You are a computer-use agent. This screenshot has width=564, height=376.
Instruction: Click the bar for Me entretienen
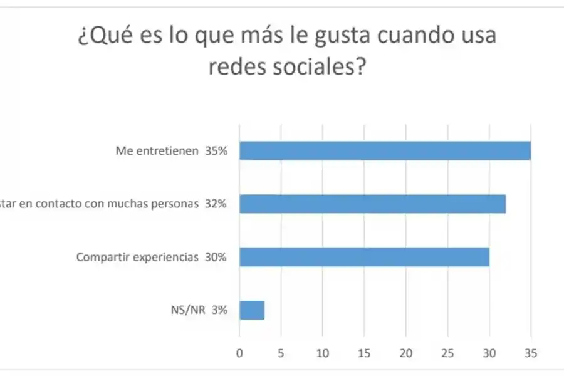click(385, 151)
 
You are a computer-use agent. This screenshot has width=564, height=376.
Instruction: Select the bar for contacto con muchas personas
click(372, 204)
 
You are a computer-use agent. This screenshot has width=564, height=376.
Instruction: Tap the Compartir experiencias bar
click(363, 257)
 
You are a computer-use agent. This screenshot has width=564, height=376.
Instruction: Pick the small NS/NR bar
click(252, 310)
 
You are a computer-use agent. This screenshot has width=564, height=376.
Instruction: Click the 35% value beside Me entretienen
click(216, 151)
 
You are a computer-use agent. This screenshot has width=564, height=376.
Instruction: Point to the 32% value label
click(216, 204)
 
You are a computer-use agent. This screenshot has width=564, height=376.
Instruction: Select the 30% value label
click(216, 257)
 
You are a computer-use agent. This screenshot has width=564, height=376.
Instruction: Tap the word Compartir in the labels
click(98, 257)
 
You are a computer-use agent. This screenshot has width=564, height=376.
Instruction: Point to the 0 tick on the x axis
click(239, 352)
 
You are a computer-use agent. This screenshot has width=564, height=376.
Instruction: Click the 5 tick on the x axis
click(281, 352)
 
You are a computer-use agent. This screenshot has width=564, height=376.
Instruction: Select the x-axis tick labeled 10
click(323, 352)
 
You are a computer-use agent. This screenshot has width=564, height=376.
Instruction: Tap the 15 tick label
click(364, 352)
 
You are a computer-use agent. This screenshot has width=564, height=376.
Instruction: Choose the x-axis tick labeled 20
click(406, 352)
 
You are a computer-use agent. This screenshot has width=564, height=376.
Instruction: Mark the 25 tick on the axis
click(447, 352)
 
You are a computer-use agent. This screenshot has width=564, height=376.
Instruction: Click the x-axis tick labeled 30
click(489, 352)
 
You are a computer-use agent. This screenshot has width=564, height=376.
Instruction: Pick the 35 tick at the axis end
click(531, 352)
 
